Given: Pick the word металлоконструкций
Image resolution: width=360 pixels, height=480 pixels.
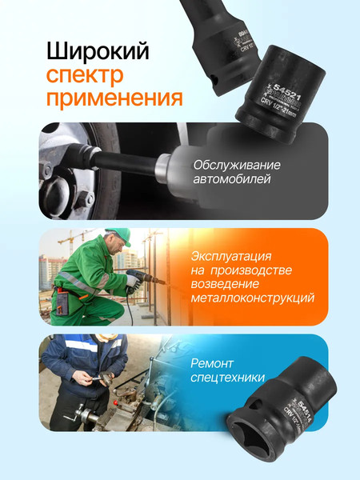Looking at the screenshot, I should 252,298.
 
